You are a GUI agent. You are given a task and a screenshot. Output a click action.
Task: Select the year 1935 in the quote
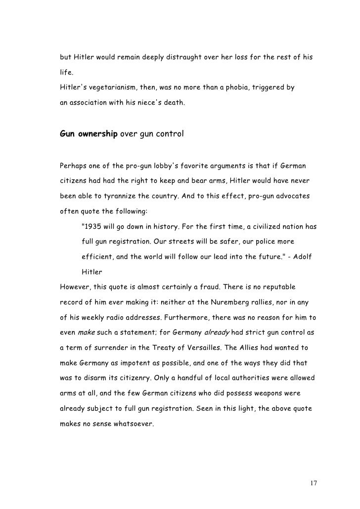[x=92, y=228]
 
